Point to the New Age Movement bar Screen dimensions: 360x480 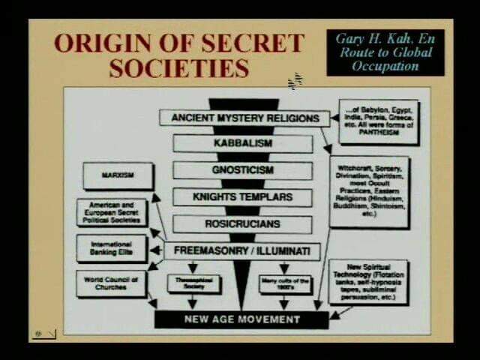coord(241,319)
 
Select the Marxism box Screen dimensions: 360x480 coord(117,176)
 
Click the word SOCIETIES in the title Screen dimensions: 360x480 coord(178,68)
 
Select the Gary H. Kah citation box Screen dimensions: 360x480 coord(385,52)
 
